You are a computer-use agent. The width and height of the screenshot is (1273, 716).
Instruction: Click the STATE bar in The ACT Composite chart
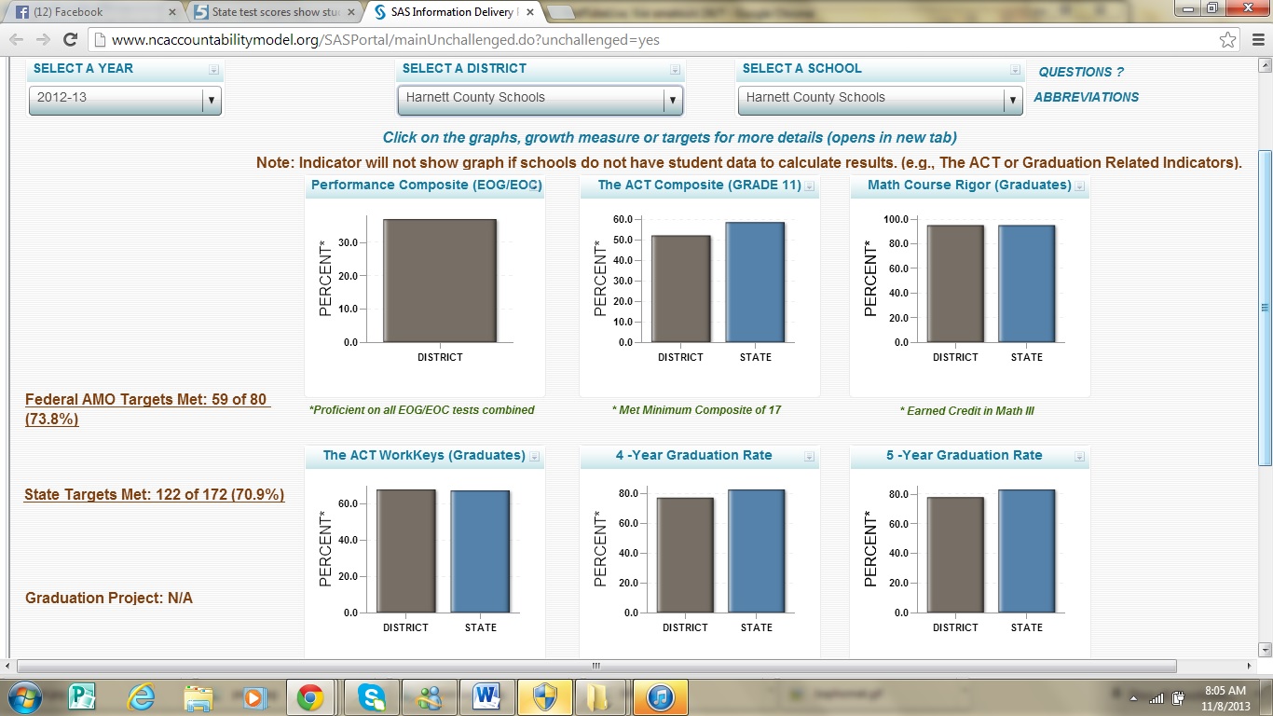pos(755,282)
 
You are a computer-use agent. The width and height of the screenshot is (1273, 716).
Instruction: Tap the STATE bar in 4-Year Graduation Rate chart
pos(756,551)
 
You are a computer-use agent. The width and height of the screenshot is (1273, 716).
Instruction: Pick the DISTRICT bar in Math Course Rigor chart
pos(955,283)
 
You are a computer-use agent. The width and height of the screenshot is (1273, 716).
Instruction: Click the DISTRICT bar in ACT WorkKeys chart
pos(405,551)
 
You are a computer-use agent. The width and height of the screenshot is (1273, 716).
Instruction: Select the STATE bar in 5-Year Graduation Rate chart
pos(1026,551)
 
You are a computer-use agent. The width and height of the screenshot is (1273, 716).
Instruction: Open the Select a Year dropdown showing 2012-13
pos(125,98)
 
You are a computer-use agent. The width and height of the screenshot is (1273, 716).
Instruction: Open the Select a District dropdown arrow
pos(671,100)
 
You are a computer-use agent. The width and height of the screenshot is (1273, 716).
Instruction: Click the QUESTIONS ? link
pos(1081,72)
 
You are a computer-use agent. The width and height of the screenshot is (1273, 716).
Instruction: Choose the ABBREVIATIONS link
pos(1086,97)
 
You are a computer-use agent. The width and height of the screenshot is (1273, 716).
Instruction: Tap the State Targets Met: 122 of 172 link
pos(154,495)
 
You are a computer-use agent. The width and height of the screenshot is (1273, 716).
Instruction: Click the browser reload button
pos(70,40)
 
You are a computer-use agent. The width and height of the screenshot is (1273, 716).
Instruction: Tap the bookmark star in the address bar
pos(1228,40)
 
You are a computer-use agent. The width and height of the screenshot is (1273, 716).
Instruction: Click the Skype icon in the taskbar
pos(371,696)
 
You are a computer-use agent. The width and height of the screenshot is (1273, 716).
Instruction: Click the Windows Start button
pos(25,696)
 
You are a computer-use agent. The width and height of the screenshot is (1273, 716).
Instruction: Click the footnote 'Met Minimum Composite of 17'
pos(696,410)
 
